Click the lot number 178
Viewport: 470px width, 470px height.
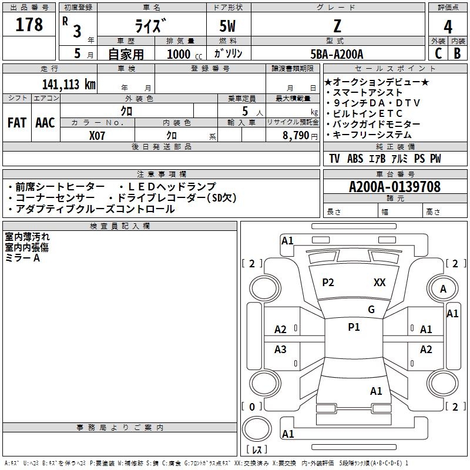point(29,25)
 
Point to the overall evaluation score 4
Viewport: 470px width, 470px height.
point(448,26)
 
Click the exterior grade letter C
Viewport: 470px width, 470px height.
point(438,53)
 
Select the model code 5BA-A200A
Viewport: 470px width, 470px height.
point(337,54)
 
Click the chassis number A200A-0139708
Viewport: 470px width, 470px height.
point(394,187)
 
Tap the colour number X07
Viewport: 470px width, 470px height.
point(98,135)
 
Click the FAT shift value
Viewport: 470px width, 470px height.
point(17,123)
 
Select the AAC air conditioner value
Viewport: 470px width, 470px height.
point(45,123)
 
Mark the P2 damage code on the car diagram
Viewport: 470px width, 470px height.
point(328,283)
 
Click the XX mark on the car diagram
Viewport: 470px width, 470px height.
point(380,283)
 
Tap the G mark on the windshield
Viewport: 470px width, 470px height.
point(371,310)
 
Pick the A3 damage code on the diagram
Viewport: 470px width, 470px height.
point(280,350)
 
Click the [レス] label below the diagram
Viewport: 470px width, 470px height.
point(256,451)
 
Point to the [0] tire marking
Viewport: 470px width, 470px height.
point(252,407)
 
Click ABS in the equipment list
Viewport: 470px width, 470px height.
point(355,159)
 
